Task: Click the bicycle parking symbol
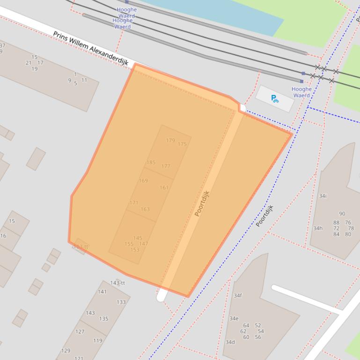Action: click(x=275, y=99)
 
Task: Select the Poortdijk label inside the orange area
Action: click(x=202, y=203)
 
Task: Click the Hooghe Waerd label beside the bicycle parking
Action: click(x=301, y=92)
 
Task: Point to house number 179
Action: click(x=170, y=140)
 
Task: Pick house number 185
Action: click(x=151, y=163)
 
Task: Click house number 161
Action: click(x=164, y=188)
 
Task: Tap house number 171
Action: click(x=134, y=203)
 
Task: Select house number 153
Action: click(x=135, y=250)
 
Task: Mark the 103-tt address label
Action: click(x=81, y=247)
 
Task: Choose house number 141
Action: click(x=102, y=292)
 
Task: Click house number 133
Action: click(x=121, y=302)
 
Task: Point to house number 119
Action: click(x=97, y=341)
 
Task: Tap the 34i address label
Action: click(x=323, y=196)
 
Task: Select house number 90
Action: click(x=342, y=214)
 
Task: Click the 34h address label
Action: click(x=318, y=228)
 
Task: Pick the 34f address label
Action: click(x=238, y=295)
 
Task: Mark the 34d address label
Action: click(x=230, y=342)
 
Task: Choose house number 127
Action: click(x=80, y=332)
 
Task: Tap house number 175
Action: click(x=182, y=144)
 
